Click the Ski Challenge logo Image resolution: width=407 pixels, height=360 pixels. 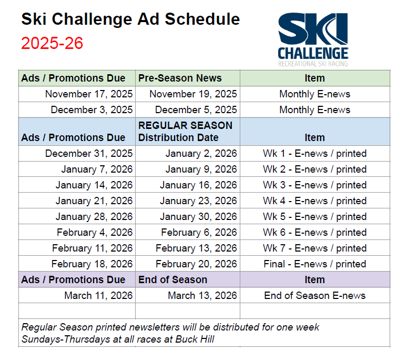tap(313, 40)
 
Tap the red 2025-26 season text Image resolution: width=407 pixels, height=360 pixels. tap(52, 43)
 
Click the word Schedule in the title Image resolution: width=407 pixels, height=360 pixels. tap(202, 19)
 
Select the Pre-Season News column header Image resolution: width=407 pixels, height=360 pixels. tap(180, 78)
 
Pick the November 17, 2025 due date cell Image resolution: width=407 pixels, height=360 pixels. tap(89, 94)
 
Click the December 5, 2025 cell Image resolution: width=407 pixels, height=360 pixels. tap(196, 110)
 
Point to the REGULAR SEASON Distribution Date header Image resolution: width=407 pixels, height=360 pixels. tap(185, 132)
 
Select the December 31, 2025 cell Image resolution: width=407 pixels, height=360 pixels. tap(89, 154)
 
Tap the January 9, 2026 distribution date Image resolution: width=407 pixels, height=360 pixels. tap(201, 169)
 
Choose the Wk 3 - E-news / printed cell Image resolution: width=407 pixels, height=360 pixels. tap(314, 185)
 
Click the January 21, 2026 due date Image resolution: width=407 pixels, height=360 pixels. tap(94, 201)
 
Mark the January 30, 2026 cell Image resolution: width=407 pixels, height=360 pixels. tap(198, 217)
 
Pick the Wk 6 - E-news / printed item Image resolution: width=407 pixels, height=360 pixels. tap(314, 233)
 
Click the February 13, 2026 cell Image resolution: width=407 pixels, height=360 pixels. tap(196, 248)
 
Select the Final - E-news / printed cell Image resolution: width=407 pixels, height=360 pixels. tap(314, 264)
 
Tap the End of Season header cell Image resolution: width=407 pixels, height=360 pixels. tap(172, 280)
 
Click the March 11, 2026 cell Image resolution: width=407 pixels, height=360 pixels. tap(98, 296)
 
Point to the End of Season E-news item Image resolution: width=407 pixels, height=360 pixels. tap(314, 296)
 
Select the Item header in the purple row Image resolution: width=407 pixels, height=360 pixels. tap(314, 280)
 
